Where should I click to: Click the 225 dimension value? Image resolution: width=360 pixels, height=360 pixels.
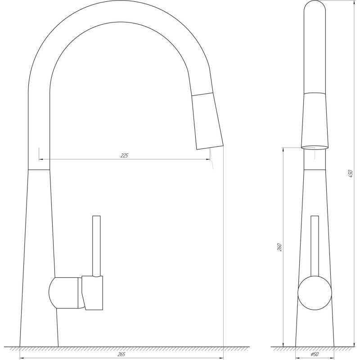(125, 155)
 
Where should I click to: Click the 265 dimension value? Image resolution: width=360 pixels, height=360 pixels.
(121, 355)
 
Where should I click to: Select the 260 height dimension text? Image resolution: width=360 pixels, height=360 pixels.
(279, 247)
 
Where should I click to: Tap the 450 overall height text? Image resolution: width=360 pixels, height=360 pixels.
(351, 174)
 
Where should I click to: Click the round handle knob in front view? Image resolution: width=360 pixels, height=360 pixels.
(315, 293)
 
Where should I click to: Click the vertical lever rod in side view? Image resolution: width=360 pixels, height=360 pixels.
(96, 245)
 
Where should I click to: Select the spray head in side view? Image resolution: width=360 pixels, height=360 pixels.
(208, 121)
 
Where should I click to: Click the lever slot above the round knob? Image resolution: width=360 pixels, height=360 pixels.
(315, 245)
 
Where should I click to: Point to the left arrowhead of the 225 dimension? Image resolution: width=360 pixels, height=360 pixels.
(41, 159)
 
